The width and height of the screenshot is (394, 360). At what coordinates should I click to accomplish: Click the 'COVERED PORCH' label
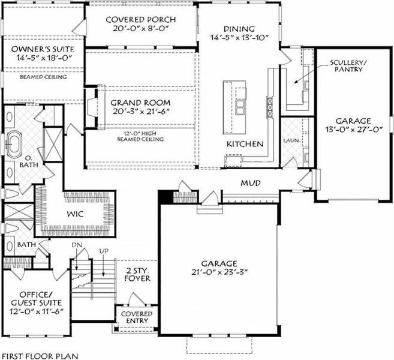[142, 19]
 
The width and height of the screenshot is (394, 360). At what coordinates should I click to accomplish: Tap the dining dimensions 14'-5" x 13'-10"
[239, 38]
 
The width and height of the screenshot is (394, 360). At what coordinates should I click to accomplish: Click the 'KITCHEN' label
[245, 144]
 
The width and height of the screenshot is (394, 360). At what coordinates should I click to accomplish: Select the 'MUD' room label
[251, 182]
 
